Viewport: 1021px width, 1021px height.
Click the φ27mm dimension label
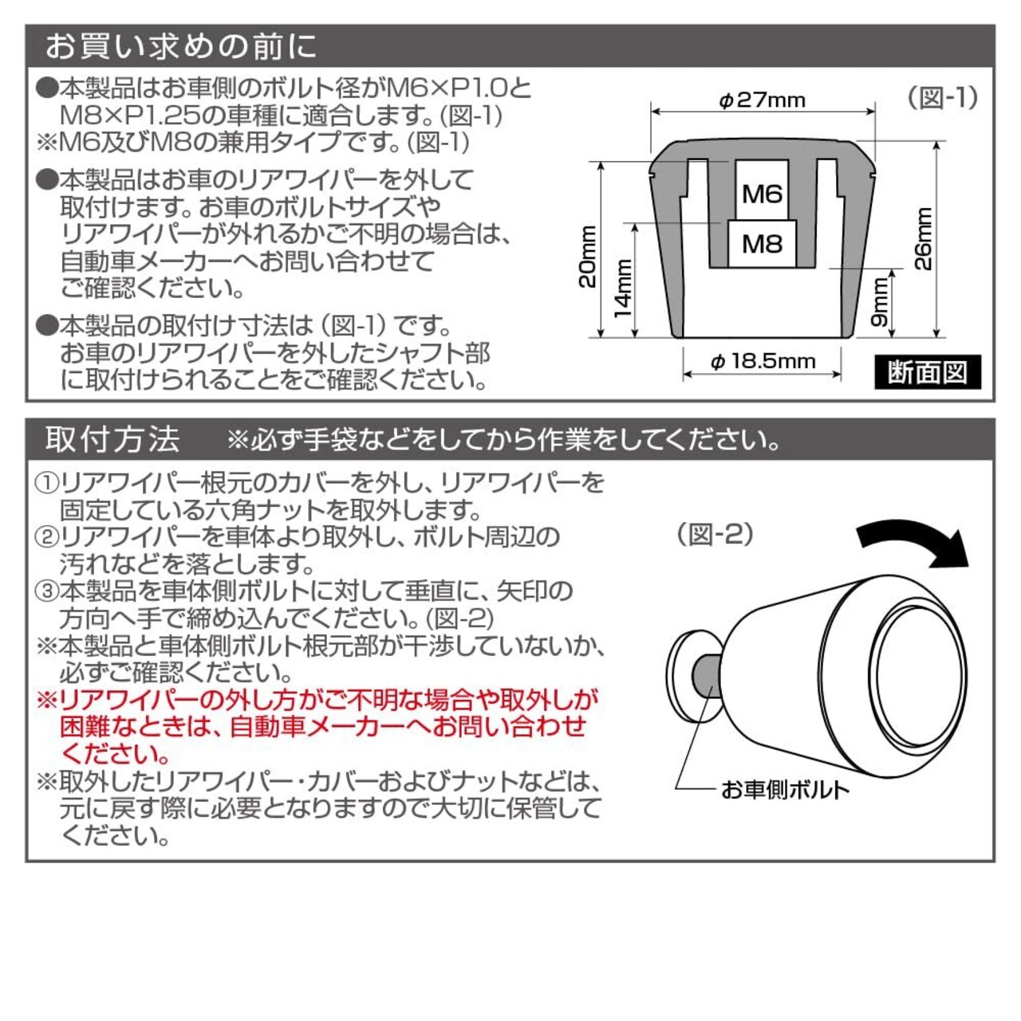[x=762, y=100]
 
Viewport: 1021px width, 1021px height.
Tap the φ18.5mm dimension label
[x=763, y=361]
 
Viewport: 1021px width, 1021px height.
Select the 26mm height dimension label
[x=924, y=238]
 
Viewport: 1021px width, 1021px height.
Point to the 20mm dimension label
[x=588, y=257]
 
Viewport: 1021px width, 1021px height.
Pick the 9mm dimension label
[x=879, y=301]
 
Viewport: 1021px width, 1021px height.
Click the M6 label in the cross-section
[x=763, y=194]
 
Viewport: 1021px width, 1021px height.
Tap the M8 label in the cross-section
[x=763, y=244]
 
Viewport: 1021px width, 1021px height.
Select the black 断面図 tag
[x=928, y=372]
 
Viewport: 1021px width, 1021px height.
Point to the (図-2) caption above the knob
[x=715, y=535]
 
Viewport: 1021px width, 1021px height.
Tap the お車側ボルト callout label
[x=785, y=790]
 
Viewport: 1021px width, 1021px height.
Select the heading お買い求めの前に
[x=181, y=46]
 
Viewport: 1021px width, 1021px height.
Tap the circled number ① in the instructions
[x=47, y=483]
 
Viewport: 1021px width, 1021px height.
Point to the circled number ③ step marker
[x=47, y=591]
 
